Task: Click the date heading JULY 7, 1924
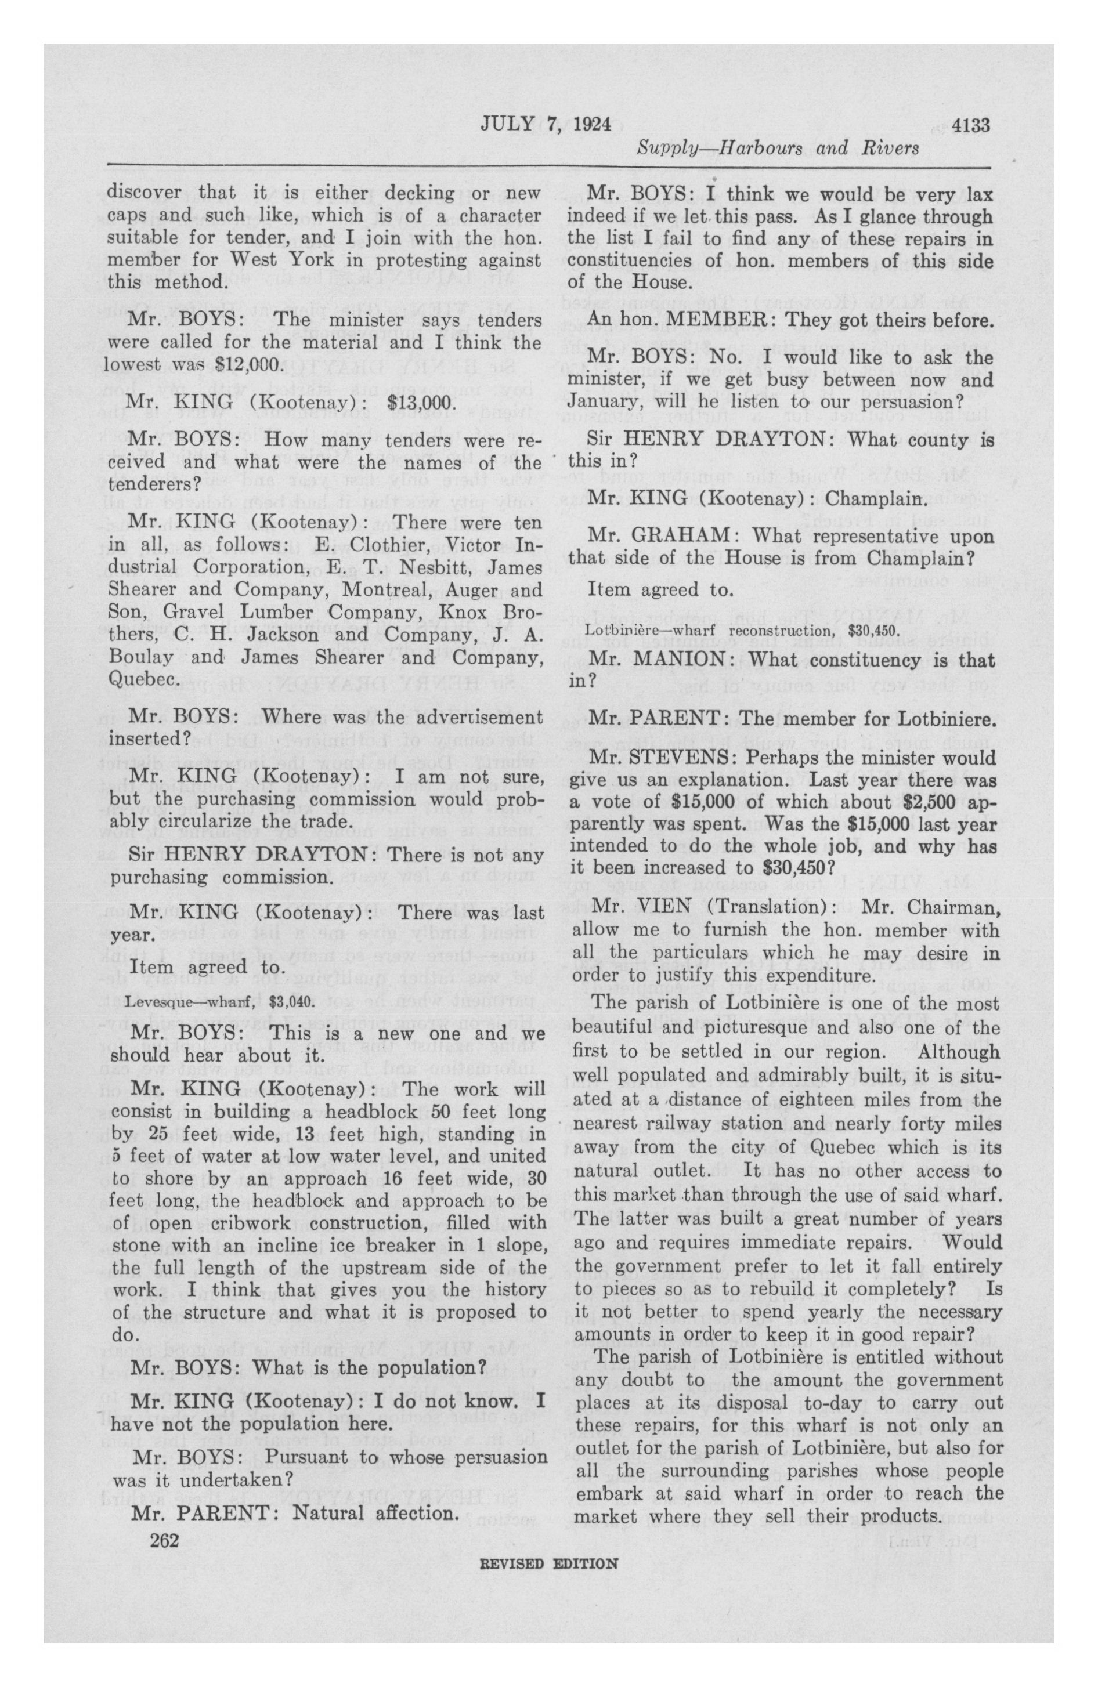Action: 546,125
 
